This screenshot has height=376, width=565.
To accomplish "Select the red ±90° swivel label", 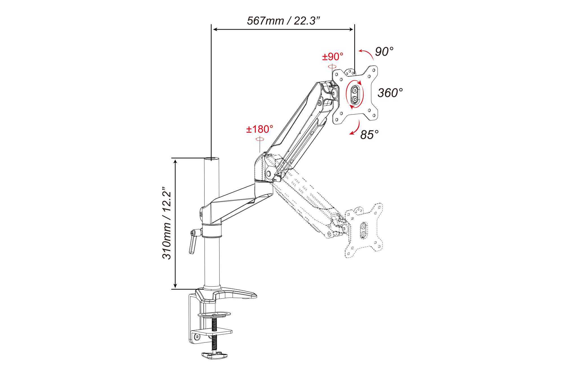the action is pyautogui.click(x=333, y=57).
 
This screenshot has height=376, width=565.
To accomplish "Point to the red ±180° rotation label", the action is pyautogui.click(x=260, y=129).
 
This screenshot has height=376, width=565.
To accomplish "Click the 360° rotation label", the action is pyautogui.click(x=390, y=93).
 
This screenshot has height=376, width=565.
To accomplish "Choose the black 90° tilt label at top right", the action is pyautogui.click(x=384, y=51).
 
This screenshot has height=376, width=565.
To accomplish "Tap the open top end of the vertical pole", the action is pyautogui.click(x=212, y=159).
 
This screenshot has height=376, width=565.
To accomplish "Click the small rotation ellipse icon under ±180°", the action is pyautogui.click(x=260, y=139).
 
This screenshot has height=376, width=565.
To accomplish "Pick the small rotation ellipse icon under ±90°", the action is pyautogui.click(x=332, y=67).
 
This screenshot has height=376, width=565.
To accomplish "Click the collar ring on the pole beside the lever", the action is pyautogui.click(x=212, y=231).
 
